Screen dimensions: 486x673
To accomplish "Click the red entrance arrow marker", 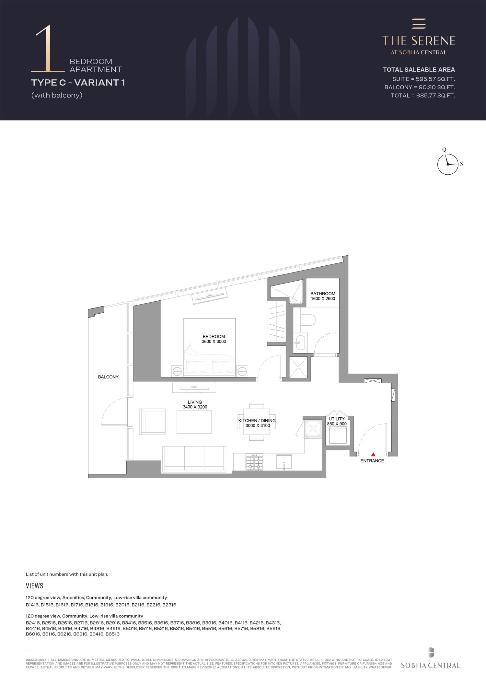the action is pos(373,455).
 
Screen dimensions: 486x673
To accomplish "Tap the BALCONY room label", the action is pos(108,377).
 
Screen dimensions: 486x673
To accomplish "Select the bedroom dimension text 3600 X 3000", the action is pos(214,342).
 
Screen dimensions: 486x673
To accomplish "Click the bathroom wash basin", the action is pos(300,342).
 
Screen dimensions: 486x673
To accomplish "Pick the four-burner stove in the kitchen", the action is pos(255,462).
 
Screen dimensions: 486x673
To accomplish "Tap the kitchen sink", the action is pos(284,462).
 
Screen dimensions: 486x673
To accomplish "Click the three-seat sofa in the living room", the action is pos(194,458).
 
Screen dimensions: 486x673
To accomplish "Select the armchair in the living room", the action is pos(152,421).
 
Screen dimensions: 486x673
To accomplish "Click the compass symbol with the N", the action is pos(448,164).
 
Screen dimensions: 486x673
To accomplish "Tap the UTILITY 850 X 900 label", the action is pos(337,421).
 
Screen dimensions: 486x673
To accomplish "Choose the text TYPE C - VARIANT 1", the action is pos(78,83).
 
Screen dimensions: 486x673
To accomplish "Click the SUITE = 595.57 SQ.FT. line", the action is pos(423,79).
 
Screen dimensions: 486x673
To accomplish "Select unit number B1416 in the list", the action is pos(32,605).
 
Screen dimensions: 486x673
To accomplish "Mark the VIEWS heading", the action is pos(34,586).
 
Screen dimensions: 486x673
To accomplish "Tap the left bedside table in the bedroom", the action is pos(177,371).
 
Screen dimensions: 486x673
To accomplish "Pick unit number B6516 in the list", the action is pos(112,634).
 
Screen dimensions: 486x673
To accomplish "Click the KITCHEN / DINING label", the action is pos(257,421).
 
